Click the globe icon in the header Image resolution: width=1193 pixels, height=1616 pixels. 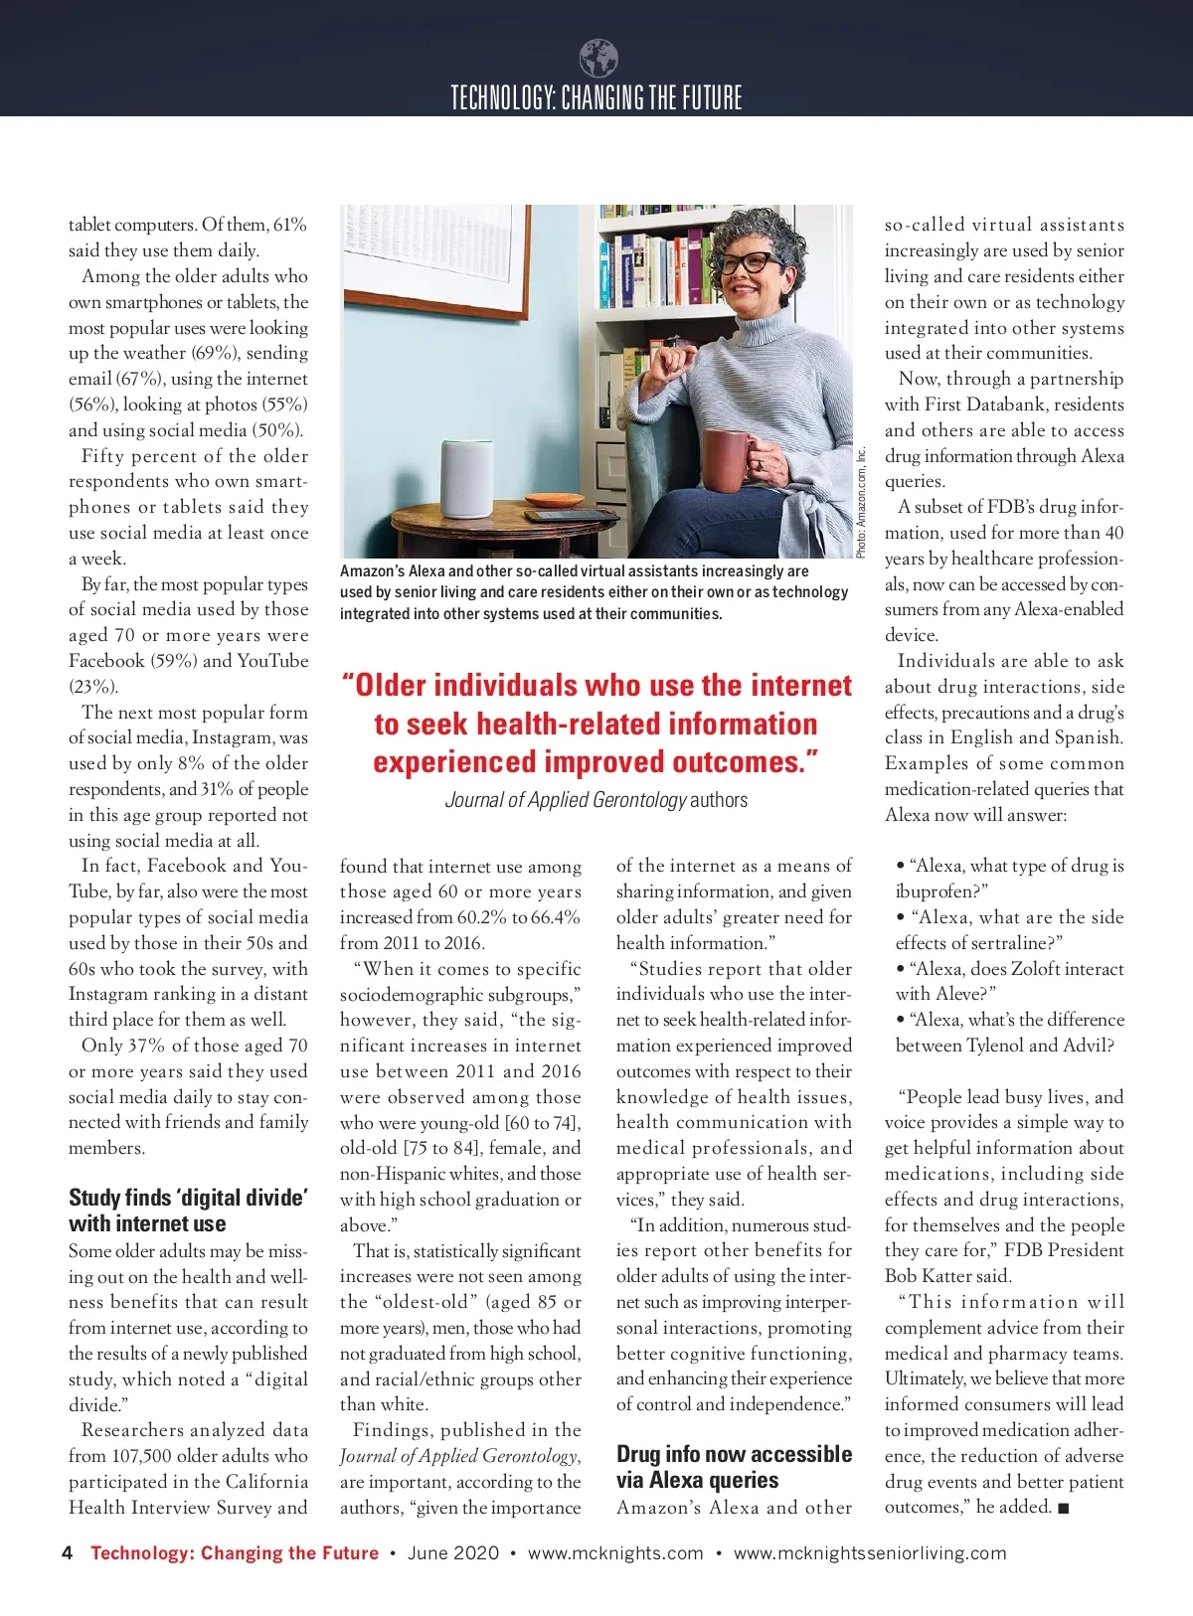597,59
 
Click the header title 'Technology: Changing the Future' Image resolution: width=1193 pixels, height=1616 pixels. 596,97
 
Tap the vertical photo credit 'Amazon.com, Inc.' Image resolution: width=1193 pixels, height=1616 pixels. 862,502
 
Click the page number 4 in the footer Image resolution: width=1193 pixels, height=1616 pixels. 67,1553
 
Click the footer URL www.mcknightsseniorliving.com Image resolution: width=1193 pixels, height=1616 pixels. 870,1553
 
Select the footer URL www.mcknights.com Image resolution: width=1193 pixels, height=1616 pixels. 615,1553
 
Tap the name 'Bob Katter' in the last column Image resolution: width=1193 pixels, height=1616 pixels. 935,1276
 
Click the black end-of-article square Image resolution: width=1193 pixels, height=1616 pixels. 1064,1509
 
